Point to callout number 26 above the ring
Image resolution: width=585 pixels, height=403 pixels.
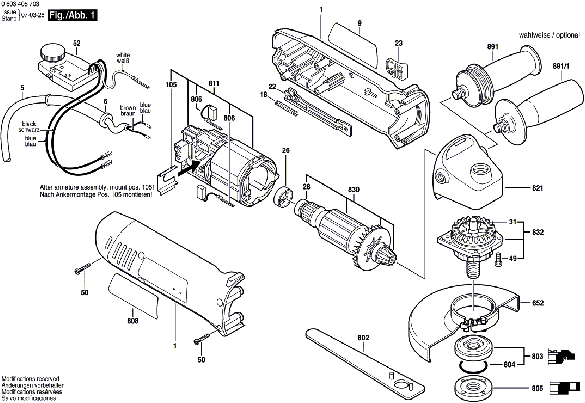286,150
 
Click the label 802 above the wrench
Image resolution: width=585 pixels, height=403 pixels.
363,338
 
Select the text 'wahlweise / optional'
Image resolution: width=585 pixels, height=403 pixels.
549,35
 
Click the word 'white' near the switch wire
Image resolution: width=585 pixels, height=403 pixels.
123,55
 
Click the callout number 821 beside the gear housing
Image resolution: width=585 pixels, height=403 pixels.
537,188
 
